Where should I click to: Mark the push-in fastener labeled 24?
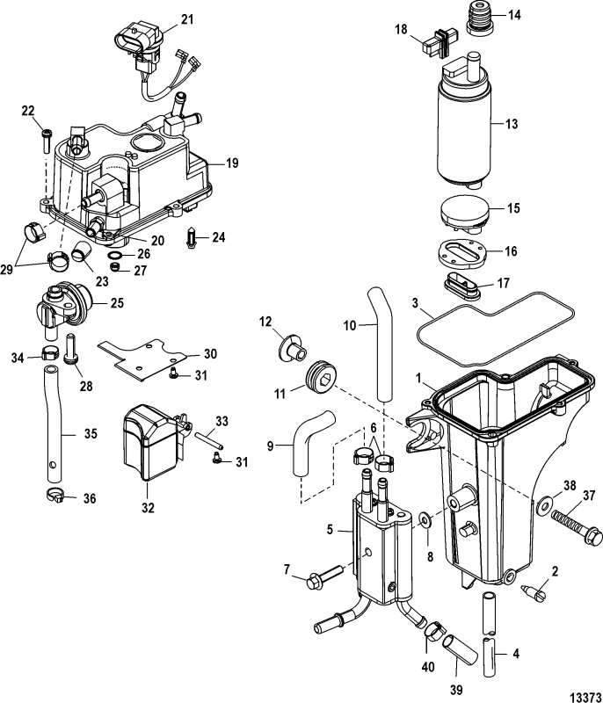click(193, 238)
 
